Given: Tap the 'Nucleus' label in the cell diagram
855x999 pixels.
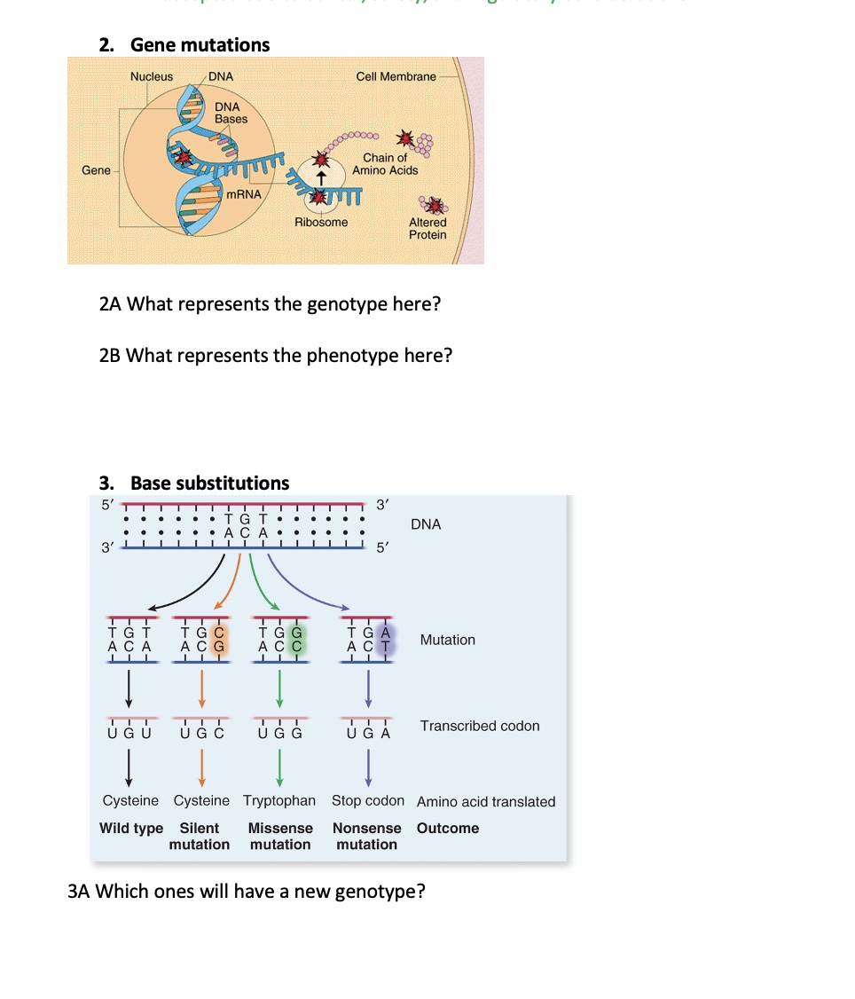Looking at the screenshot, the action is pyautogui.click(x=152, y=76).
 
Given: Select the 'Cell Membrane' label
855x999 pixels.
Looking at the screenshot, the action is pyautogui.click(x=396, y=76).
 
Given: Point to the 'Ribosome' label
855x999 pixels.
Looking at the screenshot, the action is pyautogui.click(x=321, y=222).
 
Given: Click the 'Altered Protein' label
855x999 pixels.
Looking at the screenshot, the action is pyautogui.click(x=427, y=228).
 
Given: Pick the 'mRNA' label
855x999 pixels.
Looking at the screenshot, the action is pyautogui.click(x=243, y=193).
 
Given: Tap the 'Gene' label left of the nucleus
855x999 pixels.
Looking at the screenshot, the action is pyautogui.click(x=96, y=169).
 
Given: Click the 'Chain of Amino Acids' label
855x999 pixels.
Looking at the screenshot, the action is pyautogui.click(x=385, y=164).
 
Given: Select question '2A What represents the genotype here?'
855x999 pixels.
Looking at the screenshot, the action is pyautogui.click(x=271, y=304).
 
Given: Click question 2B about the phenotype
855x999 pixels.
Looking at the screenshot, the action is pyautogui.click(x=276, y=356).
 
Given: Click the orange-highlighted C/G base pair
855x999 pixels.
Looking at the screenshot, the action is pyautogui.click(x=218, y=640).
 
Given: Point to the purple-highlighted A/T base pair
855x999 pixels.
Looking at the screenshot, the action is pyautogui.click(x=384, y=640).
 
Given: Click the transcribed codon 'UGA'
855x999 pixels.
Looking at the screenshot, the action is pyautogui.click(x=368, y=734).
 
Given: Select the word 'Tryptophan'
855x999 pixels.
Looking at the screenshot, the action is pyautogui.click(x=279, y=800).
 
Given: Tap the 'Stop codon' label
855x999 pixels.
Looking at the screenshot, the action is pyautogui.click(x=367, y=800).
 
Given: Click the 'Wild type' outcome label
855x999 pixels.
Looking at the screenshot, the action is pyautogui.click(x=131, y=828).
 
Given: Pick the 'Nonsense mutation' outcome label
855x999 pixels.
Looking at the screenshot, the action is pyautogui.click(x=366, y=836).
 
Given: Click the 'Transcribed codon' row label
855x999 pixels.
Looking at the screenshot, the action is pyautogui.click(x=479, y=726).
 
